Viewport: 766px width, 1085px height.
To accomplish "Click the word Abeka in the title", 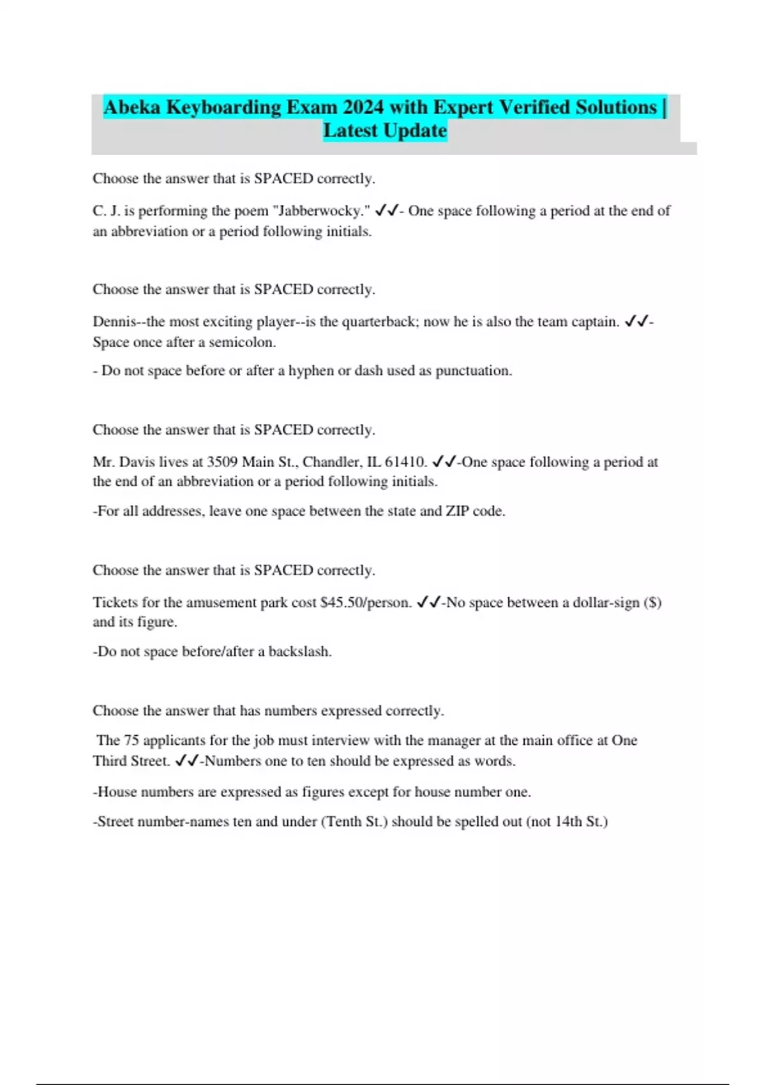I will tap(131, 107).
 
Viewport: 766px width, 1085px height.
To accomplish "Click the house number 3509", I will tap(222, 462).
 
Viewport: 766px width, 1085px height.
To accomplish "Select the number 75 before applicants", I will tap(131, 740).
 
